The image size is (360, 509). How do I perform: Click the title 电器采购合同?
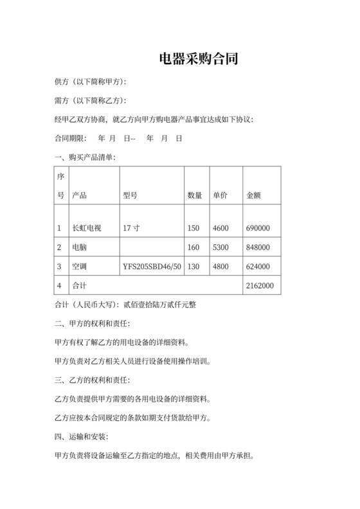click(199, 60)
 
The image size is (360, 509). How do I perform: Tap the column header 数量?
click(195, 195)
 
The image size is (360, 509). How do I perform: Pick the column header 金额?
click(254, 195)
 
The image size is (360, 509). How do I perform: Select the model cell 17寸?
click(130, 228)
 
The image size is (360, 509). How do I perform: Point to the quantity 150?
click(194, 228)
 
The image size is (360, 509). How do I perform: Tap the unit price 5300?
click(221, 247)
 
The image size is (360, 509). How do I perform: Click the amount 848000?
click(258, 247)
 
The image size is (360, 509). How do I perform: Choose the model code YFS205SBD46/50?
click(152, 267)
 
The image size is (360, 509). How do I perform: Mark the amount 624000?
click(258, 267)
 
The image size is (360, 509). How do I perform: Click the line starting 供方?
click(91, 82)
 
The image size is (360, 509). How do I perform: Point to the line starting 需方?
click(91, 101)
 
